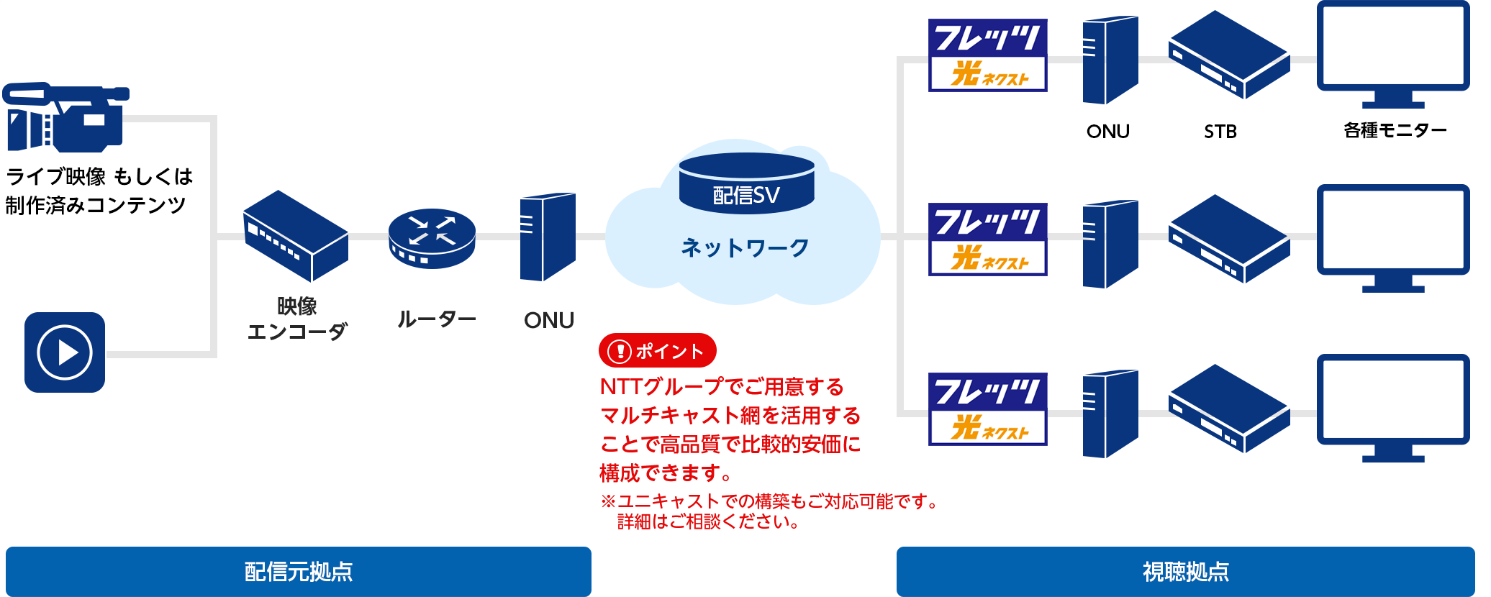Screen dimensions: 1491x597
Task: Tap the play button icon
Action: pyautogui.click(x=65, y=352)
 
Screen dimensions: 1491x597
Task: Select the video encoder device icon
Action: pyautogui.click(x=296, y=236)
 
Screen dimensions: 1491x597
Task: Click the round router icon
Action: pyautogui.click(x=432, y=238)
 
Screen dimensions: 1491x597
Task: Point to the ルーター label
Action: pyautogui.click(x=437, y=319)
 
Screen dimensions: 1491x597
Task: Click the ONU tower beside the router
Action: pyautogui.click(x=548, y=237)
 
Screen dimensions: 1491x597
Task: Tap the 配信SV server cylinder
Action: pyautogui.click(x=747, y=183)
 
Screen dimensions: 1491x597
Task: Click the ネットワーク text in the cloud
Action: pyautogui.click(x=745, y=247)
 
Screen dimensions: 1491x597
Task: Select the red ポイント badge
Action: pyautogui.click(x=658, y=351)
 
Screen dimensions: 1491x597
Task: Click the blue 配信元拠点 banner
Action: pyautogui.click(x=299, y=572)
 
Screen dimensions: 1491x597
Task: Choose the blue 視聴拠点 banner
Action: pyautogui.click(x=1186, y=572)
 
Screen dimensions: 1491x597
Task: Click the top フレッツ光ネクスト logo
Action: pyautogui.click(x=987, y=55)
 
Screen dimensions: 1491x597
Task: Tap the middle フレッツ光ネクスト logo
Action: pyautogui.click(x=987, y=240)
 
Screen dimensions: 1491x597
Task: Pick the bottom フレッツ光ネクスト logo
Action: pyautogui.click(x=987, y=409)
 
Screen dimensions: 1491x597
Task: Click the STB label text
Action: pyautogui.click(x=1220, y=132)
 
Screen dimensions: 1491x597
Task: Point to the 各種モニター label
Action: pyautogui.click(x=1395, y=130)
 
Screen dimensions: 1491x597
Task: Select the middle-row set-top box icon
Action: pyautogui.click(x=1229, y=239)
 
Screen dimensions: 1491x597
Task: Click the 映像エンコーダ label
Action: pyautogui.click(x=297, y=319)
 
